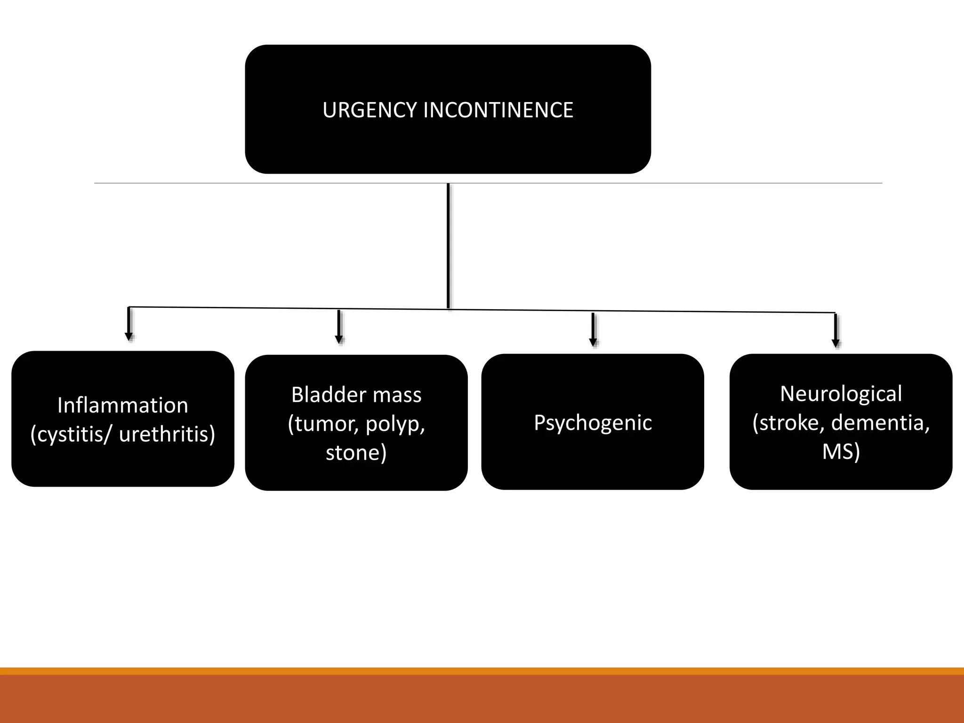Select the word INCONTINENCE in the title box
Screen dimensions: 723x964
[498, 110]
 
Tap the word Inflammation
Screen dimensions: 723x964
[122, 405]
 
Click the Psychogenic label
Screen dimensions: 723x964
[593, 423]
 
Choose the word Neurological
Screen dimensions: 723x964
[841, 394]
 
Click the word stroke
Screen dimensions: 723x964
[789, 423]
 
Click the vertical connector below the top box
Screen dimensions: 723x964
[448, 245]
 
